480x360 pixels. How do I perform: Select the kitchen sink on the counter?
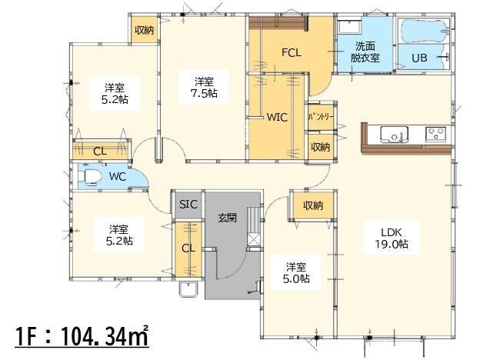click(x=394, y=135)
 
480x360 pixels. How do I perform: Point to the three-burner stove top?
click(x=435, y=135)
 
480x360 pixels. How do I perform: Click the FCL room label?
click(x=292, y=52)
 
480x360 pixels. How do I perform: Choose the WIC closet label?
click(x=277, y=117)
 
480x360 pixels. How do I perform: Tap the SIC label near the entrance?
click(x=188, y=204)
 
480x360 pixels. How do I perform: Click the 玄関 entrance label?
click(x=228, y=218)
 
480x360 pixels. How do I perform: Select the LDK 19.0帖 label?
click(x=392, y=238)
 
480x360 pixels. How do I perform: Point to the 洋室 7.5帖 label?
click(x=204, y=87)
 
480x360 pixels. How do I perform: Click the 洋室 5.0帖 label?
click(x=296, y=273)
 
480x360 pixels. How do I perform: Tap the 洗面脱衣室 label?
click(x=365, y=52)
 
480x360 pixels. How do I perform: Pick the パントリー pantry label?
click(x=321, y=117)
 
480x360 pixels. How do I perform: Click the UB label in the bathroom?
click(x=419, y=58)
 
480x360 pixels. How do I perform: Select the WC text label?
click(x=118, y=177)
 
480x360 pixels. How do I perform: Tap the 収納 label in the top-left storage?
click(x=144, y=30)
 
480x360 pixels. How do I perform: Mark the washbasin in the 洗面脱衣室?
click(x=349, y=27)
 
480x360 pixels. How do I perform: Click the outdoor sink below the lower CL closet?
click(x=188, y=288)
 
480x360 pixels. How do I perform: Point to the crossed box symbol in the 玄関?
click(x=254, y=239)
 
